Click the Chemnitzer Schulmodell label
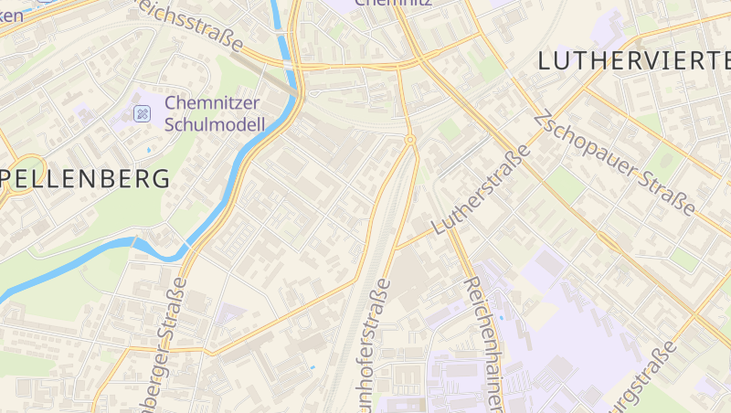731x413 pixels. (x=215, y=113)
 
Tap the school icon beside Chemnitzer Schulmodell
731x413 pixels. (x=142, y=113)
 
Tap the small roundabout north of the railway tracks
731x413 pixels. (x=410, y=140)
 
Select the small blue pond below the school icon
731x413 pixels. (x=149, y=148)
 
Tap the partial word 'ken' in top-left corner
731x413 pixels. (x=12, y=15)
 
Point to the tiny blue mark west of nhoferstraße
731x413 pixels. (x=313, y=367)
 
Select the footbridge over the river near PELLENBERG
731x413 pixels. (x=135, y=242)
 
